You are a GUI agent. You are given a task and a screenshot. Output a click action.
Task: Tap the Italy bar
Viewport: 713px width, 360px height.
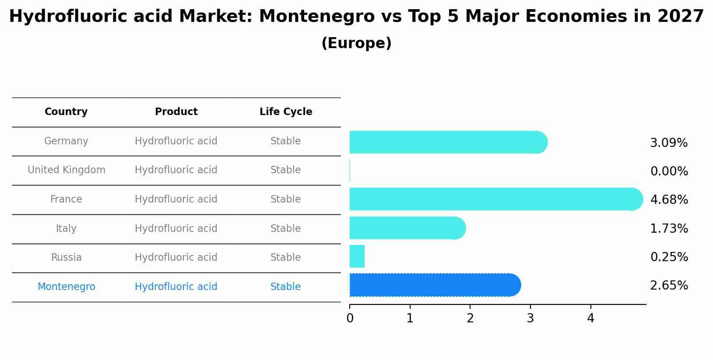pos(407,228)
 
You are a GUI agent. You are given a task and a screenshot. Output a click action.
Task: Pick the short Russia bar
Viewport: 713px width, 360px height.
pos(357,256)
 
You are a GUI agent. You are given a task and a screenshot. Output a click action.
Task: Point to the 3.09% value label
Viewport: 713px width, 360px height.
pos(669,143)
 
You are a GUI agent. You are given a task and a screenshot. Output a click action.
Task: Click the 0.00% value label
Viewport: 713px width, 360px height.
pos(669,171)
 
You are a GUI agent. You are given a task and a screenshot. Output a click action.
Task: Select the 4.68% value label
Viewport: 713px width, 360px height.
pos(669,200)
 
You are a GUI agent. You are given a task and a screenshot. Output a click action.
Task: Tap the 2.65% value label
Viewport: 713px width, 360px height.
pos(669,286)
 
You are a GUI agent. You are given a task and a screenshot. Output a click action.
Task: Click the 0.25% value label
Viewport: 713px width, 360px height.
pos(669,257)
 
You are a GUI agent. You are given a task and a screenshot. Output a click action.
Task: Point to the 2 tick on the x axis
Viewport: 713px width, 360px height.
pos(470,318)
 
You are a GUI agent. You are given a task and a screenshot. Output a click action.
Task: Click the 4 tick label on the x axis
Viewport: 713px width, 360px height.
pos(590,318)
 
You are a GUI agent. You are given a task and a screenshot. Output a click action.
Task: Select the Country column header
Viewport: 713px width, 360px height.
pos(66,112)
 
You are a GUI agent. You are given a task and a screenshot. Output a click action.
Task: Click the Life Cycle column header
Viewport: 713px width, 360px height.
pos(286,112)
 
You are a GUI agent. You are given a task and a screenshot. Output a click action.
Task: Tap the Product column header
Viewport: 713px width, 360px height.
pos(176,112)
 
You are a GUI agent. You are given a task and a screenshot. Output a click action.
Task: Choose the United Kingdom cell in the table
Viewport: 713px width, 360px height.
pos(67,170)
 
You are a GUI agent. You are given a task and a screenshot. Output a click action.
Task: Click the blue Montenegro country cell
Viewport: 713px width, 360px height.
pos(67,287)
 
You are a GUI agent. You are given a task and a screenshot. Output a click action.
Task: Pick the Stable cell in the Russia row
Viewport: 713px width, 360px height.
pos(285,258)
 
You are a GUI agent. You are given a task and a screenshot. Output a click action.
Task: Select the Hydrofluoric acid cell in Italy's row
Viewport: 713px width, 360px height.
pos(176,229)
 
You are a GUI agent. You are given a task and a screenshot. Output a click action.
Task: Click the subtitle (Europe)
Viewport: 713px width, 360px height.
pos(356,43)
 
